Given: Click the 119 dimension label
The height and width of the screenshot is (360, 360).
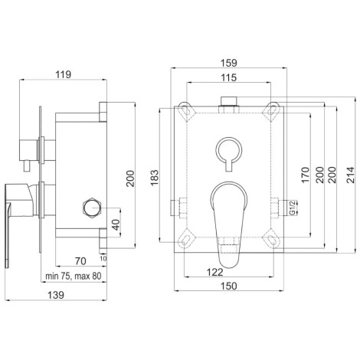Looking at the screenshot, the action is click(64, 75).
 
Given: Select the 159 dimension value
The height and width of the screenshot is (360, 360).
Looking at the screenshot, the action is click(229, 63).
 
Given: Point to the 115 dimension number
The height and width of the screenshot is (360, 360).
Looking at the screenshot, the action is click(229, 77).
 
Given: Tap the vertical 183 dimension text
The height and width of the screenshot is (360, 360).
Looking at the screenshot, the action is click(155, 178).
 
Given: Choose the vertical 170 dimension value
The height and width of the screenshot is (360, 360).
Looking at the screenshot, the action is click(306, 175).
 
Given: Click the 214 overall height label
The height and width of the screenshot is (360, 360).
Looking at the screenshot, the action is click(351, 175).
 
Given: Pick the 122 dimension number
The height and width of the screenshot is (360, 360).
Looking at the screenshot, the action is click(215, 272).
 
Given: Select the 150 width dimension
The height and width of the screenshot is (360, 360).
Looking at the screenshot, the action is click(229, 286).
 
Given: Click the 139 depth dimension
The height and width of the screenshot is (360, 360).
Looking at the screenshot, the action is click(56, 295).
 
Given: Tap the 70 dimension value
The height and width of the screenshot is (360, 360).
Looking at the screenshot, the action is click(80, 261).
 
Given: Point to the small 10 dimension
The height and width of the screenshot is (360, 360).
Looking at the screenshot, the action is click(103, 258).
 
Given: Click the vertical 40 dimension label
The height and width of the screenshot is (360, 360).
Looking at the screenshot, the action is click(116, 224).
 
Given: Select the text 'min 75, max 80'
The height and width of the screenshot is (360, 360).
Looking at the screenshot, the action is click(74, 276).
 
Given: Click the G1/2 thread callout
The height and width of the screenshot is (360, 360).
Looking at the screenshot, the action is click(293, 208).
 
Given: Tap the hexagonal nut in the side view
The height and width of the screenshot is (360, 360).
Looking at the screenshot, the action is click(93, 208).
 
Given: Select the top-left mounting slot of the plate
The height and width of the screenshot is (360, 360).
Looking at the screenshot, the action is click(185, 110).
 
